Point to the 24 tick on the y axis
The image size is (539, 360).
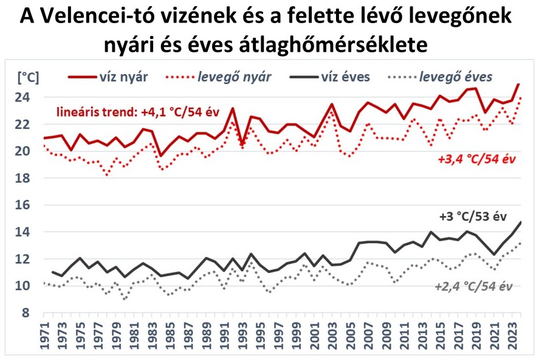(28, 97)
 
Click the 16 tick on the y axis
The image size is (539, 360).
(28, 205)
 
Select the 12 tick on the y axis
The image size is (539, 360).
(28, 259)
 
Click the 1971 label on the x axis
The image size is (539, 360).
(44, 337)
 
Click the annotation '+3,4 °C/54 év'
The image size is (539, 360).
(476, 159)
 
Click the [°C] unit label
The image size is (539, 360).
(28, 77)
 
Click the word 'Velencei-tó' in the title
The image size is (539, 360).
(97, 17)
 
